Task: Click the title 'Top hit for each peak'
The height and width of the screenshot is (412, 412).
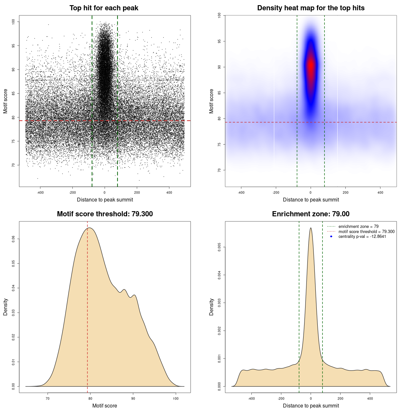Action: click(x=104, y=8)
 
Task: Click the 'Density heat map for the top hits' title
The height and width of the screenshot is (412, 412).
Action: click(x=311, y=8)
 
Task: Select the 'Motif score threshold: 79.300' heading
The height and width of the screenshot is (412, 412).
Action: click(x=105, y=214)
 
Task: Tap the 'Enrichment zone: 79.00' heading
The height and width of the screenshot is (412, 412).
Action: click(x=311, y=214)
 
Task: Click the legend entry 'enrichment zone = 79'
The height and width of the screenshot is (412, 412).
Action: click(x=358, y=227)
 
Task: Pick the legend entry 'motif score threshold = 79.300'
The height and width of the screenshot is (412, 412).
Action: click(x=366, y=231)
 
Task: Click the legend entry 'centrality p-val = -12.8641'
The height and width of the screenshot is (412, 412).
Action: click(x=362, y=237)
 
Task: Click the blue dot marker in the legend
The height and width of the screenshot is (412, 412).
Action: click(x=331, y=237)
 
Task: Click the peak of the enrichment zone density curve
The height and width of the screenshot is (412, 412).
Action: click(x=311, y=228)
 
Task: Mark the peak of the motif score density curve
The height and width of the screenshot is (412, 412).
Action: click(x=89, y=228)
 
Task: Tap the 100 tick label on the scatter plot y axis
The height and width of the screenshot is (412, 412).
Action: click(x=13, y=22)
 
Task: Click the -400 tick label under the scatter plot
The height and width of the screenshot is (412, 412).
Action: click(x=40, y=192)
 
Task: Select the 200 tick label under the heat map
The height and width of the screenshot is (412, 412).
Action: click(x=345, y=192)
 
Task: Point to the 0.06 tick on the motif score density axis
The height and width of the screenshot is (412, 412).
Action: click(x=13, y=239)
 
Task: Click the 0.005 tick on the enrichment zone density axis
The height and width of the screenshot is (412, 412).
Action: click(x=219, y=247)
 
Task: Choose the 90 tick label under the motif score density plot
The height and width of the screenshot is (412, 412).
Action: click(x=133, y=398)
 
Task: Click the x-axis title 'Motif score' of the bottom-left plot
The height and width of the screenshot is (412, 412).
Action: click(x=105, y=406)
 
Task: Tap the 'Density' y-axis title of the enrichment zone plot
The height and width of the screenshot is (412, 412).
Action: click(x=211, y=307)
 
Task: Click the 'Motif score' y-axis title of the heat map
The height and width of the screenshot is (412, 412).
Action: click(x=211, y=101)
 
